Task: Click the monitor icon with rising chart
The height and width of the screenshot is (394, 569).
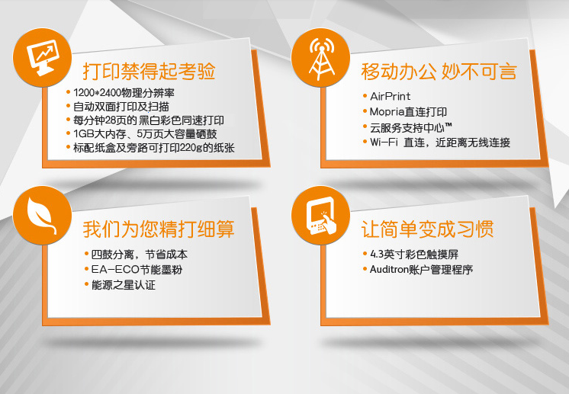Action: (x=43, y=57)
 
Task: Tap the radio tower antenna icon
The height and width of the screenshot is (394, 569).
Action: (x=321, y=58)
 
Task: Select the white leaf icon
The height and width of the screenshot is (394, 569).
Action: (x=41, y=215)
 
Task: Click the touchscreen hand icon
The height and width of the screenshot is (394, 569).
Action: (x=321, y=216)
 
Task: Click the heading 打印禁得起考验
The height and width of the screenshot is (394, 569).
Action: (x=149, y=71)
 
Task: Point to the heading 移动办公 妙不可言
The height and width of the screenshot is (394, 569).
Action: (x=439, y=72)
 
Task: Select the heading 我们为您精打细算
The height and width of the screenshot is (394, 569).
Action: (x=159, y=229)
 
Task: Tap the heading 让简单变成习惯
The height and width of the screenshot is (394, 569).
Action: (x=427, y=229)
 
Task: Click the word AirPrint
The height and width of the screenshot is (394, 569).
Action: (x=390, y=97)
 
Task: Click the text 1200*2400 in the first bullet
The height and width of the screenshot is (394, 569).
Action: (x=97, y=93)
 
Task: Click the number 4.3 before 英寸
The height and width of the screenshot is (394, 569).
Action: (x=377, y=255)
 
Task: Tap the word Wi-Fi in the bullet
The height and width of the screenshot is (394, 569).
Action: (x=384, y=142)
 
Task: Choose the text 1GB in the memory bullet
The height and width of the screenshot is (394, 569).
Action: (x=84, y=134)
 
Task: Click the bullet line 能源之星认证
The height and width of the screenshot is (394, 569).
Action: (x=124, y=285)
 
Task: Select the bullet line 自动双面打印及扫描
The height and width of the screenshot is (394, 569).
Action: (x=121, y=107)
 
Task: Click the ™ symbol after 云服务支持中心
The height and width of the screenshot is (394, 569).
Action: (x=448, y=126)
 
